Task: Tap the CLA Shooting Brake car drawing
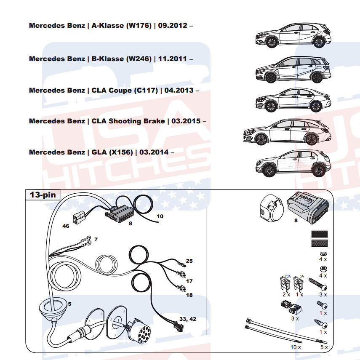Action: (x=287, y=131)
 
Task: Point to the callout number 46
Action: (x=66, y=226)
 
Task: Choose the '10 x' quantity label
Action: (x=296, y=347)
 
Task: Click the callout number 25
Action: (x=189, y=261)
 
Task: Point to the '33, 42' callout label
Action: (x=188, y=319)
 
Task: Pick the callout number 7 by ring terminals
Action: (x=96, y=239)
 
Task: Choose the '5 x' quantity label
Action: (x=324, y=347)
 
